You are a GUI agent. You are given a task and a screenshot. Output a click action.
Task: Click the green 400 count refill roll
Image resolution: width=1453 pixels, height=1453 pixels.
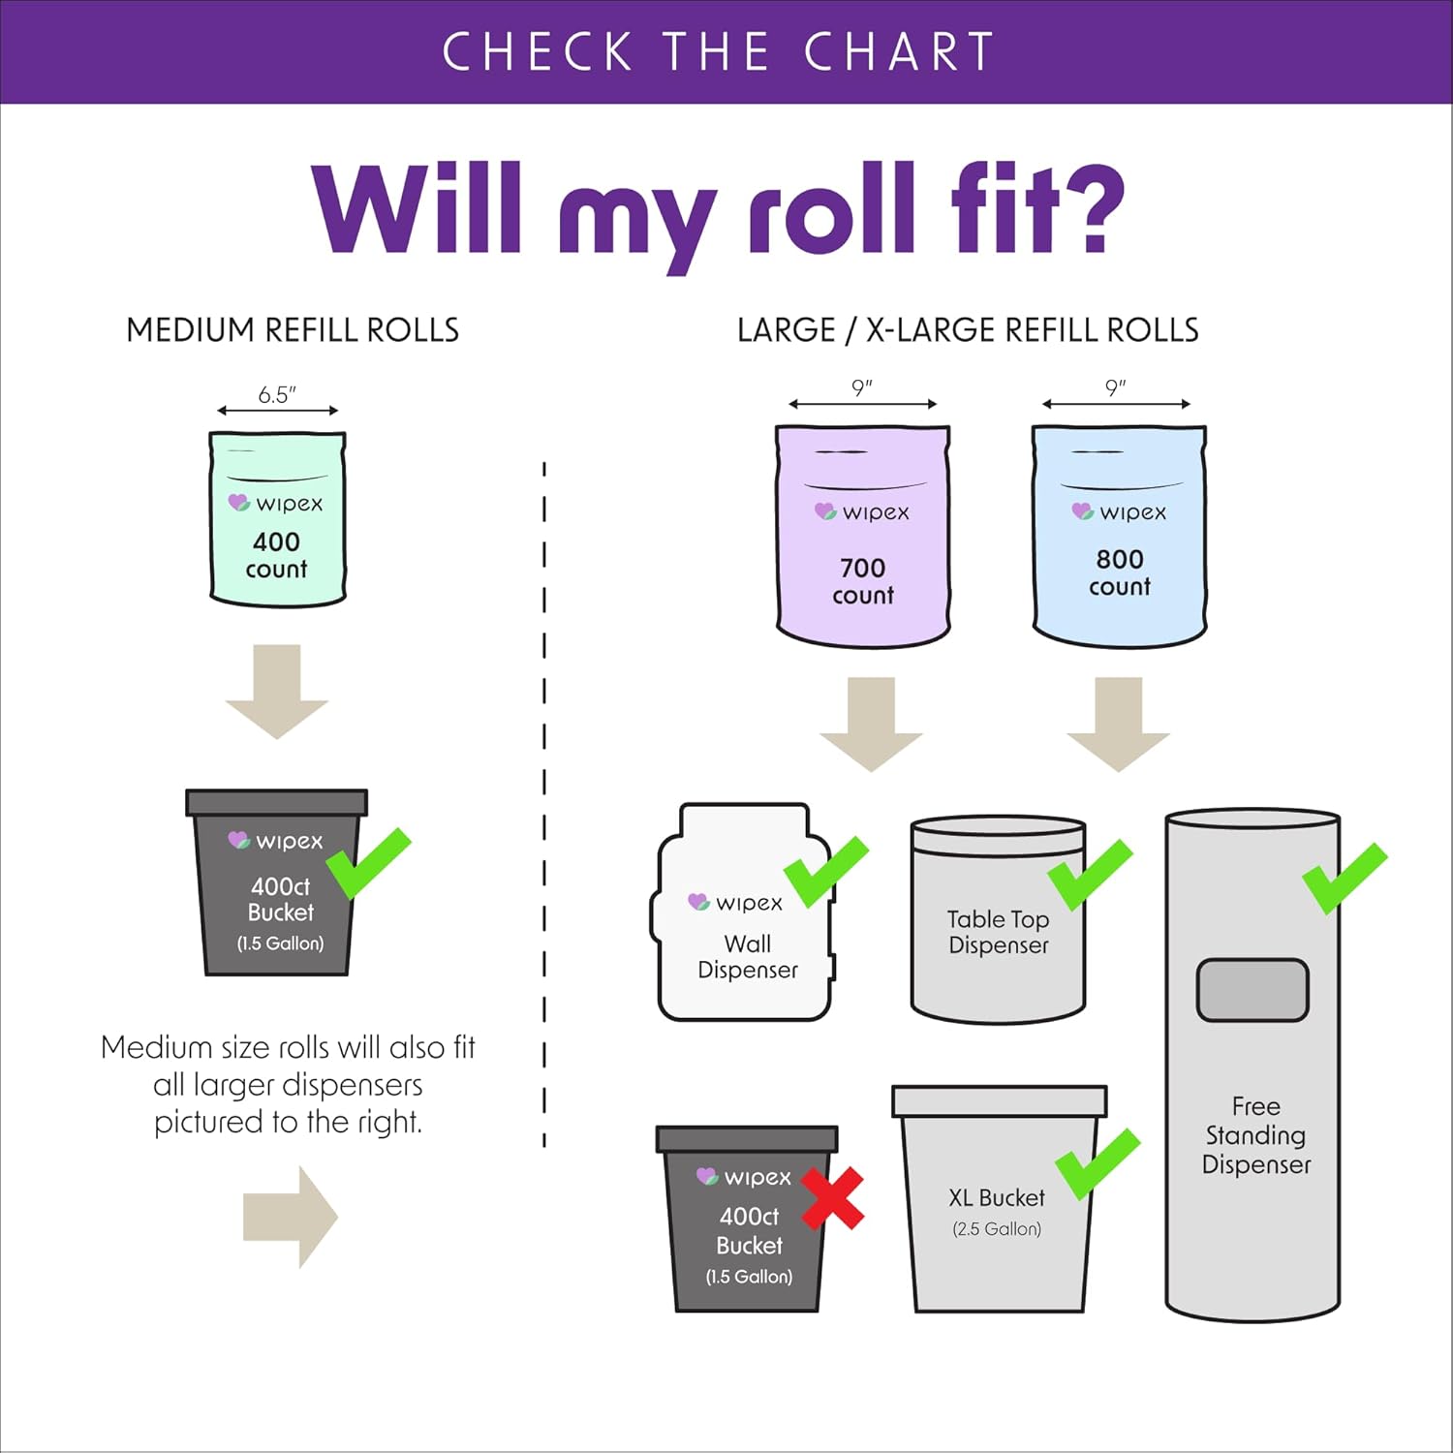[x=278, y=518]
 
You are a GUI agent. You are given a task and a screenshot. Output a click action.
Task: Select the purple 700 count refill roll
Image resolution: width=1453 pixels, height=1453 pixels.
[x=862, y=535]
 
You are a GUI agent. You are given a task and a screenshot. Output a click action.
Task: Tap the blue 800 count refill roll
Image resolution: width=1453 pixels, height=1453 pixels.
[x=1119, y=535]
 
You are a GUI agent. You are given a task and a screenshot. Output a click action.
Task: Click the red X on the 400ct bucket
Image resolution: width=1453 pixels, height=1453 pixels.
[x=832, y=1198]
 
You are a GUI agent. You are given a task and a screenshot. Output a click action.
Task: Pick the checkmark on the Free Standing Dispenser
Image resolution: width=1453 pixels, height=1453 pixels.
[x=1345, y=878]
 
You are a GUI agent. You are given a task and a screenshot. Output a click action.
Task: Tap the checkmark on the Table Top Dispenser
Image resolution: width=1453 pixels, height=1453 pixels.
[x=1091, y=874]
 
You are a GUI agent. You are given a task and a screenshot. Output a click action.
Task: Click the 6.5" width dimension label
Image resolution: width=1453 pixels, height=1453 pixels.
[x=277, y=394]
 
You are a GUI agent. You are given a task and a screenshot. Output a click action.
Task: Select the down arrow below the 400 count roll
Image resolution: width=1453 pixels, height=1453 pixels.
[x=277, y=692]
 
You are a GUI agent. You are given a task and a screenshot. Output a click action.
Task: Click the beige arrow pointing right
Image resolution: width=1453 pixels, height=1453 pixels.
[x=291, y=1217]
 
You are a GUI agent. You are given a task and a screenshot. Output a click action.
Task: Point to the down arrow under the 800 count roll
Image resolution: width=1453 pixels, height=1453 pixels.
[x=1119, y=725]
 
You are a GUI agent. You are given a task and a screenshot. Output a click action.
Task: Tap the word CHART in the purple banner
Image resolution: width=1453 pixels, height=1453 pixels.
[x=899, y=51]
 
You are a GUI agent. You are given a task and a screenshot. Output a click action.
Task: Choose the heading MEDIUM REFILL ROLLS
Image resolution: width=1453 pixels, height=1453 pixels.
[x=293, y=330]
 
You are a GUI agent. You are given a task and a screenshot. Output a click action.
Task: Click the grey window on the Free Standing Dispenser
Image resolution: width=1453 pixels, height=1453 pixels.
[x=1252, y=990]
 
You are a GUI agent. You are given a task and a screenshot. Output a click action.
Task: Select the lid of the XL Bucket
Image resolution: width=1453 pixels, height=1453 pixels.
[x=999, y=1100]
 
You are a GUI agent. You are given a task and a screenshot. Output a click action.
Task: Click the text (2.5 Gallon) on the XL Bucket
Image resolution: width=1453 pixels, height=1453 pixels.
[x=997, y=1228]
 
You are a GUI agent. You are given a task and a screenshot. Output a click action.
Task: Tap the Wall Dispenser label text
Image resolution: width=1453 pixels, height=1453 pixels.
[x=748, y=956]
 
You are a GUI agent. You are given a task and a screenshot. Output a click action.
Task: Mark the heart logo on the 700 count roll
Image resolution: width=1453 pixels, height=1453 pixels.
[x=825, y=510]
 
